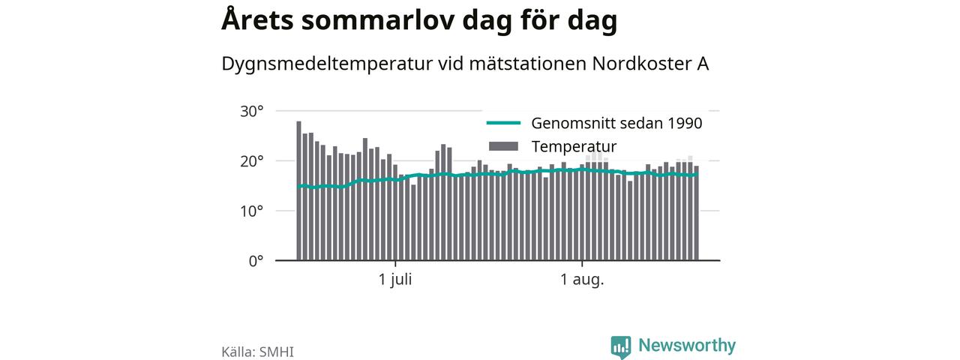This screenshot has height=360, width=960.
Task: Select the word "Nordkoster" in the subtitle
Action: click(642, 64)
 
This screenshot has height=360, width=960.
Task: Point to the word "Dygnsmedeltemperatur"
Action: click(327, 64)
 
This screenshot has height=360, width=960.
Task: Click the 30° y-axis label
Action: click(251, 112)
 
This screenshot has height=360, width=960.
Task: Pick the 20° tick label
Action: click(251, 161)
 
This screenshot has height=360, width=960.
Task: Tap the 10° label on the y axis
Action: click(251, 211)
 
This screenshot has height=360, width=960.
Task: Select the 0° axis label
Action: click(256, 261)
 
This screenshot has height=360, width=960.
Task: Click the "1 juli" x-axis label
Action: click(395, 280)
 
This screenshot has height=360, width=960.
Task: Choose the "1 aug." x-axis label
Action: click(582, 280)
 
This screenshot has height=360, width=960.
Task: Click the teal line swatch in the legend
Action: click(503, 123)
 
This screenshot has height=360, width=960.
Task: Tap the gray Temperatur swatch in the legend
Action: click(503, 146)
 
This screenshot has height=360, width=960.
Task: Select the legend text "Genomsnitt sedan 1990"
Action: click(616, 124)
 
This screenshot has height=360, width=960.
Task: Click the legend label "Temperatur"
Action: click(574, 147)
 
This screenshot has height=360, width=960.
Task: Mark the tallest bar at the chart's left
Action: click(298, 190)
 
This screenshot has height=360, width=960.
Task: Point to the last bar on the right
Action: click(697, 213)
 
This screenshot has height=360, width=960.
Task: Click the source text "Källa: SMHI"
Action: click(257, 352)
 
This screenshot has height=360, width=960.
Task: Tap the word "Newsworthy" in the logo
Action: click(687, 346)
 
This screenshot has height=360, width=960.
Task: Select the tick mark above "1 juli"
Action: click(395, 263)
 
